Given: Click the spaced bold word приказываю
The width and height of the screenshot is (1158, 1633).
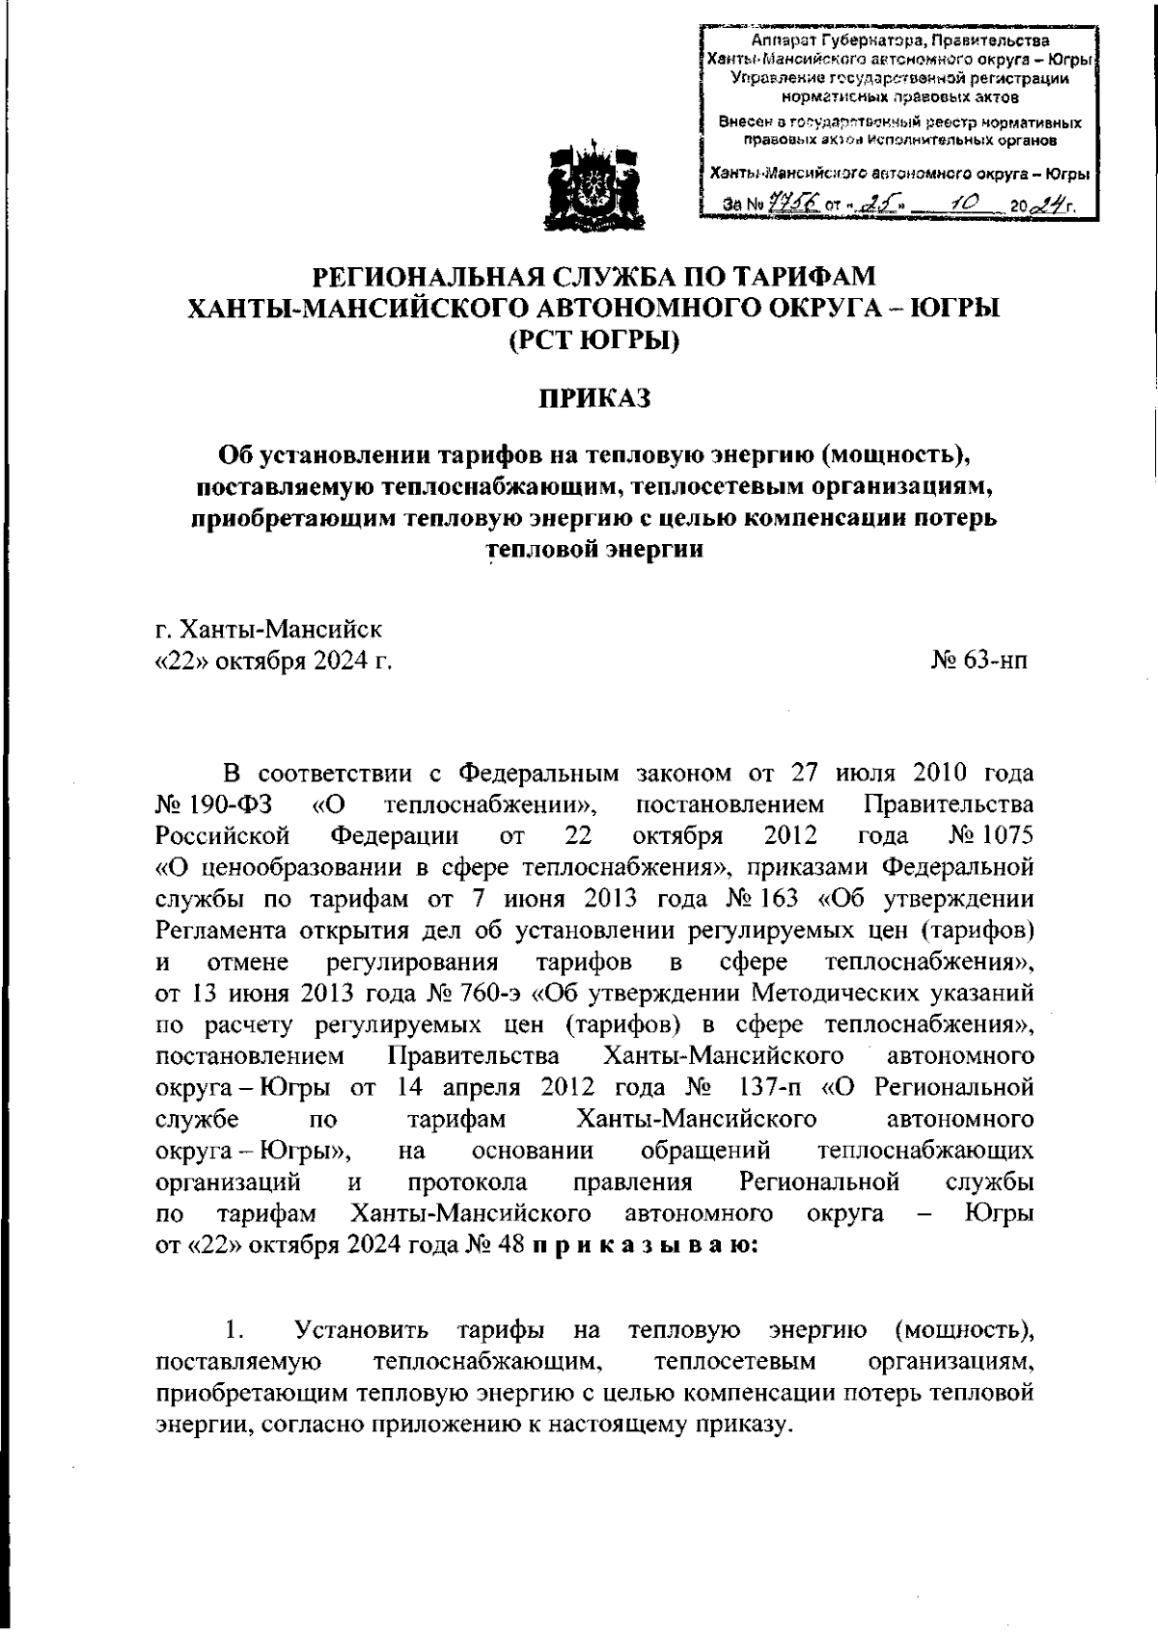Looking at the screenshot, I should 645,1245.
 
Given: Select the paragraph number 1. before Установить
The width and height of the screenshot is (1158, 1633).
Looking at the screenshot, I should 233,1331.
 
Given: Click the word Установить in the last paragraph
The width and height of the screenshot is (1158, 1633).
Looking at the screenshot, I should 362,1331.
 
